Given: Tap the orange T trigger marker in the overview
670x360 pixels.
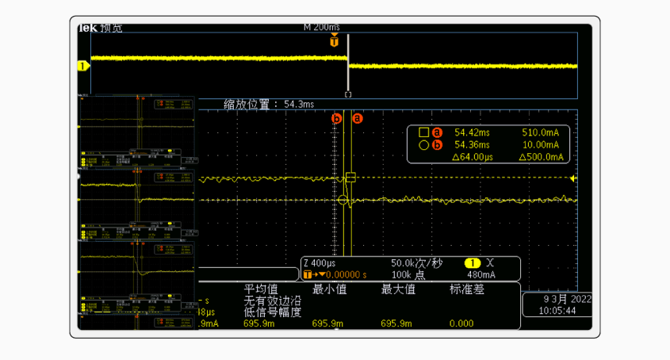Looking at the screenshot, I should [x=335, y=43].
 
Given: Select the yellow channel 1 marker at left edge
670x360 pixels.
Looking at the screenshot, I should [x=82, y=66].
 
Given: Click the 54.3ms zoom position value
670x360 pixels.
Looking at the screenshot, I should [x=299, y=104].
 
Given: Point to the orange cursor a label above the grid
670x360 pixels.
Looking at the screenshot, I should [x=357, y=118].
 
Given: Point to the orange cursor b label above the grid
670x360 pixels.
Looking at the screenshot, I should [x=337, y=118].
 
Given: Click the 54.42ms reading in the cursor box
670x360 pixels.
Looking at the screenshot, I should [x=472, y=132].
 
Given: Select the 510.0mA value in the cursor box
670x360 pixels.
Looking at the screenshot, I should [x=540, y=132].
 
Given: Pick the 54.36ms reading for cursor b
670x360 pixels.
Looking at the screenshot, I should [x=472, y=145].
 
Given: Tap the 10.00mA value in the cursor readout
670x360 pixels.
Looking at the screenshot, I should [x=540, y=145].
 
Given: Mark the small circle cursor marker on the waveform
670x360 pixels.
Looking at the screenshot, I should [x=343, y=200].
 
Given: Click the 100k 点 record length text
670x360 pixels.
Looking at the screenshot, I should [x=409, y=274].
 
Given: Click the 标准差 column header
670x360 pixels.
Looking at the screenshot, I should [x=467, y=289].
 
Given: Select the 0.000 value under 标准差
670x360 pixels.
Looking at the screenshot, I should [x=461, y=324].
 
